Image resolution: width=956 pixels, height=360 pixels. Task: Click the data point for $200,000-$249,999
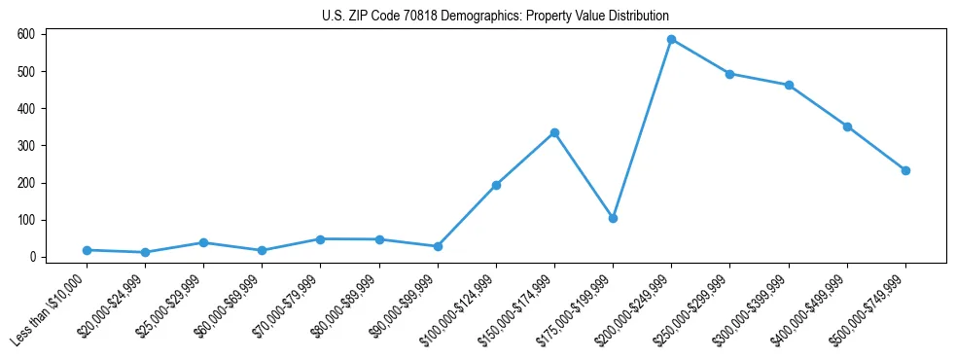tap(671, 40)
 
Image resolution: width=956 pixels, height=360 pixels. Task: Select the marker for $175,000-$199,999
tap(613, 218)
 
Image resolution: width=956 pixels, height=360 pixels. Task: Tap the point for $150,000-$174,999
tap(554, 132)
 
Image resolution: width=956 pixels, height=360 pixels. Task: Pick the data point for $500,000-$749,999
tap(905, 170)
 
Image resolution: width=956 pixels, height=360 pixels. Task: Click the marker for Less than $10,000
tap(87, 250)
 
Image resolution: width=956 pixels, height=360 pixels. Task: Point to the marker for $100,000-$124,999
tap(496, 185)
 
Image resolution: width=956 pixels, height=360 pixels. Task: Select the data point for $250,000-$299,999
tap(729, 74)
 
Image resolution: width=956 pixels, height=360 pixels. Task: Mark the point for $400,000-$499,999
tap(847, 126)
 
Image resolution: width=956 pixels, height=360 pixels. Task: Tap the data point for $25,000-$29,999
tap(203, 242)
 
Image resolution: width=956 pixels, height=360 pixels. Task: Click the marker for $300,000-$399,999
tap(789, 86)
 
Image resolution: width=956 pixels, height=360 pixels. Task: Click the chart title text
tap(495, 17)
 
